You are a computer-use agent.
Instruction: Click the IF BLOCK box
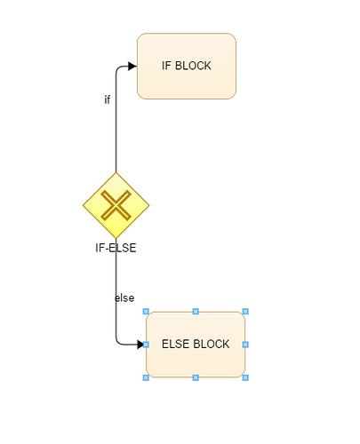click(187, 66)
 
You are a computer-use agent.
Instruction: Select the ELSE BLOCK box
click(196, 345)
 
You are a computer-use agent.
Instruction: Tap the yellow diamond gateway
click(116, 205)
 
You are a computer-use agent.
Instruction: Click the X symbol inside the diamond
click(116, 205)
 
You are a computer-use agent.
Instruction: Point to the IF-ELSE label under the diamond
click(116, 248)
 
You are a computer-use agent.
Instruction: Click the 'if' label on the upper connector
click(108, 99)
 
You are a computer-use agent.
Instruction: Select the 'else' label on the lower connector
click(124, 297)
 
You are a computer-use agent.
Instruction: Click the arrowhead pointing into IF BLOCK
click(132, 66)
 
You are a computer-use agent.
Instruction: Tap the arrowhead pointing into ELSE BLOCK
click(140, 345)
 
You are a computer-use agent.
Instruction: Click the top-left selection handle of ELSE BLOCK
click(146, 312)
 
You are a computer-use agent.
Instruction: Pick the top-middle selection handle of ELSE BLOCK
click(196, 312)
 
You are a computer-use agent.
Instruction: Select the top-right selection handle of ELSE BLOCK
click(245, 312)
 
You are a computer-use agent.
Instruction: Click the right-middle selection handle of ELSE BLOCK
click(245, 345)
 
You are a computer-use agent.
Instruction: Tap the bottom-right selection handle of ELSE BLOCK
click(245, 377)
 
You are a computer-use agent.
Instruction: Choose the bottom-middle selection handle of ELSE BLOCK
click(196, 377)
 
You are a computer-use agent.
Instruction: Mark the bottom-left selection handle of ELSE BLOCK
click(146, 377)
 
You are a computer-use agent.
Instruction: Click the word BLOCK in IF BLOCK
click(193, 66)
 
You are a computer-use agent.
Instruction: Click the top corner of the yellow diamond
click(116, 172)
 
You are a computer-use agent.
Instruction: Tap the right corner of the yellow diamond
click(149, 205)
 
